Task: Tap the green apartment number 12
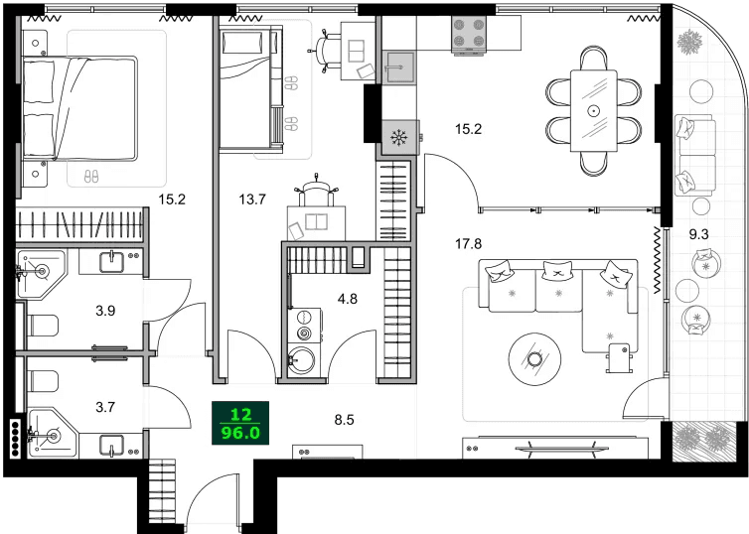(240, 415)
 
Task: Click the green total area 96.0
(240, 433)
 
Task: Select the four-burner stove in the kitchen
(469, 35)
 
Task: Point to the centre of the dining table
(594, 109)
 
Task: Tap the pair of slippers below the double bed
(90, 177)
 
